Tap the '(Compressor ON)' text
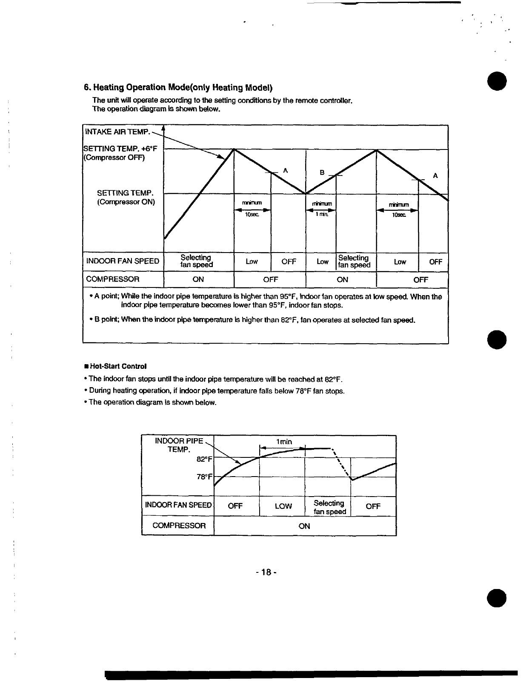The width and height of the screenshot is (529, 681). [x=126, y=202]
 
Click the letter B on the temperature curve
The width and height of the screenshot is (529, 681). [x=322, y=172]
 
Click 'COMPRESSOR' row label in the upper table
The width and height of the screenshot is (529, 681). [x=113, y=279]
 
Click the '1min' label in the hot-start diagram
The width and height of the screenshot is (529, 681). [x=284, y=442]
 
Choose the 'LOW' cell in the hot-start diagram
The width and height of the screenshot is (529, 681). [x=283, y=506]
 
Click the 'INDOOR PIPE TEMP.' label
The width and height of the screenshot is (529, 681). [x=179, y=445]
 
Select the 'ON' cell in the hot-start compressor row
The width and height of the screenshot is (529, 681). [x=304, y=526]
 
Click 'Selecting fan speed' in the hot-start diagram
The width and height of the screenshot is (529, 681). [x=329, y=507]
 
